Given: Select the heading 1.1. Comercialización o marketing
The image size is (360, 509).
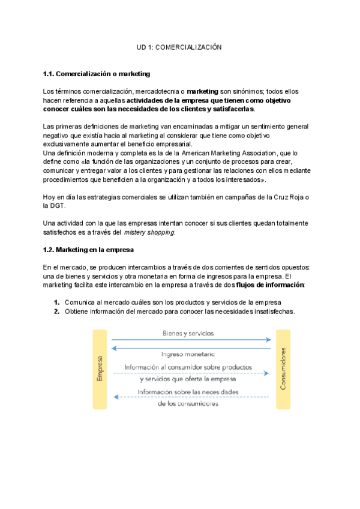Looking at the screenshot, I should (97, 74).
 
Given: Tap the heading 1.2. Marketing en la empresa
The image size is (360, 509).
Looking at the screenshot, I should (88, 249).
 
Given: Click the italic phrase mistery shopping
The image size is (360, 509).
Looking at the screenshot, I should (150, 232).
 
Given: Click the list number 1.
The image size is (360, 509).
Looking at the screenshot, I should (56, 303).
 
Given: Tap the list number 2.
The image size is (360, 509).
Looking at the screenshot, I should (56, 312).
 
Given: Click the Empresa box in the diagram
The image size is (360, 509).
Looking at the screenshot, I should (100, 369).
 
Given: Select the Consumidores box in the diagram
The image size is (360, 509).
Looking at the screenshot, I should (283, 369).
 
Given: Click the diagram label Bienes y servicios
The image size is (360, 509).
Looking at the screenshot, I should (188, 333).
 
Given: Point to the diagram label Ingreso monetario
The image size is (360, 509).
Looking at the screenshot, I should (188, 355).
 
